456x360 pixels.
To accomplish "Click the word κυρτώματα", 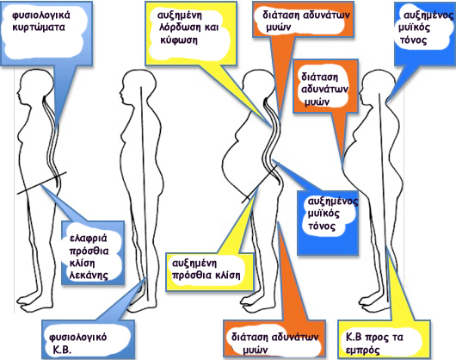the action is point(39,28).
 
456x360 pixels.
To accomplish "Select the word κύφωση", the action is point(179,40).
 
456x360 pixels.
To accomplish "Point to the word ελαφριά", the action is point(88,239).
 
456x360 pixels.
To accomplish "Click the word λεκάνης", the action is point(89,276).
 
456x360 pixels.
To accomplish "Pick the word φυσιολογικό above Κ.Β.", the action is point(77,338).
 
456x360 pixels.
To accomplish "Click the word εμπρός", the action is point(362,351).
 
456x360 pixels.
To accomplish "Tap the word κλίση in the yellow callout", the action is point(228,275).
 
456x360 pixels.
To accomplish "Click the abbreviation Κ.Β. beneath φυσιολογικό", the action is point(62,350).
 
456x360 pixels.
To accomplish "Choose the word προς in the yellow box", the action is point(377,338).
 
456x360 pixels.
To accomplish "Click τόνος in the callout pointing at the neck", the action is point(413,40).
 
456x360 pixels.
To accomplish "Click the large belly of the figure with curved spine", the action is point(232,166).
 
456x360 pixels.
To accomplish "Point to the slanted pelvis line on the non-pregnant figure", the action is point(41,183).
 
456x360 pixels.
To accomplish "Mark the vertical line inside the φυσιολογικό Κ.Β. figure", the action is point(145,193).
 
